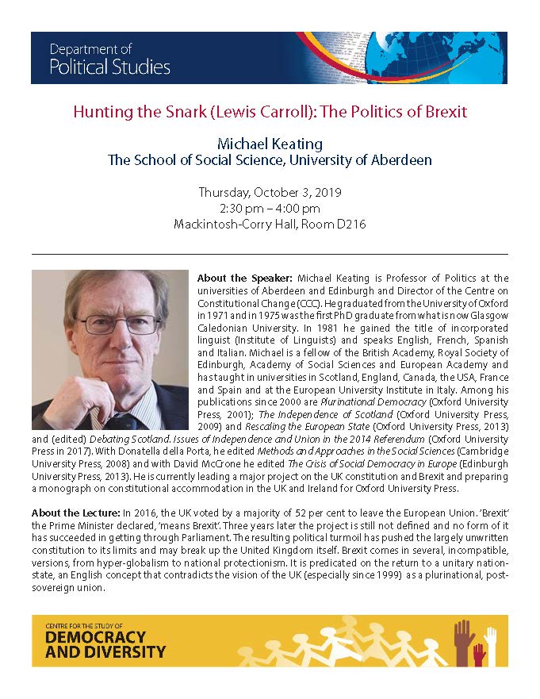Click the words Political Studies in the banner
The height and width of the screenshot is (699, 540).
pos(109,67)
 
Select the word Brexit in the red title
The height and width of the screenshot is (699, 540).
pos(440,111)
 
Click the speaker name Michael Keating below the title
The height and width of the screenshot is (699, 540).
pos(270,144)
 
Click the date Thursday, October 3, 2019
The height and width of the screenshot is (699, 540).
pos(270,193)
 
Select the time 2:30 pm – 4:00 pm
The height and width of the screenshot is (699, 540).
pos(270,208)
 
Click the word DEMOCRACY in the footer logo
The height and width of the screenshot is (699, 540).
pos(95,637)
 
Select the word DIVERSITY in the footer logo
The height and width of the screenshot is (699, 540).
pos(117,652)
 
